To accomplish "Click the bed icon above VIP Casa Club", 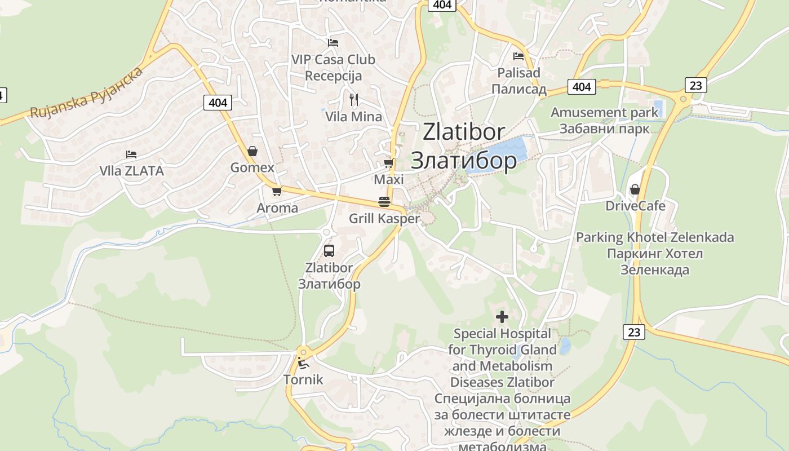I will click(x=333, y=42).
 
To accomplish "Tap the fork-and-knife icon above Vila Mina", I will click(x=354, y=100).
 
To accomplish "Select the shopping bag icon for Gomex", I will click(x=252, y=151).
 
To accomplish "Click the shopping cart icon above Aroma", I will click(x=277, y=192).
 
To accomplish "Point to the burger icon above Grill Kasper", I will click(x=384, y=202).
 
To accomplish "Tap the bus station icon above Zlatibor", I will click(x=329, y=251).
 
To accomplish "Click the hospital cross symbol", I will click(x=502, y=317).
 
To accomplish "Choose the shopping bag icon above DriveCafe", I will click(x=635, y=189).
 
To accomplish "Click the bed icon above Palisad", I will click(x=518, y=56).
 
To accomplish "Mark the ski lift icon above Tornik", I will click(x=303, y=363).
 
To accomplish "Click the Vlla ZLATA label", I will click(x=131, y=171).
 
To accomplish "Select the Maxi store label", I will click(x=389, y=180).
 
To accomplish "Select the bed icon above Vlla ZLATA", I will click(x=131, y=154).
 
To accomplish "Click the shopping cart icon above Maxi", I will click(x=388, y=163).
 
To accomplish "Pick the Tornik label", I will click(x=303, y=379).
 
